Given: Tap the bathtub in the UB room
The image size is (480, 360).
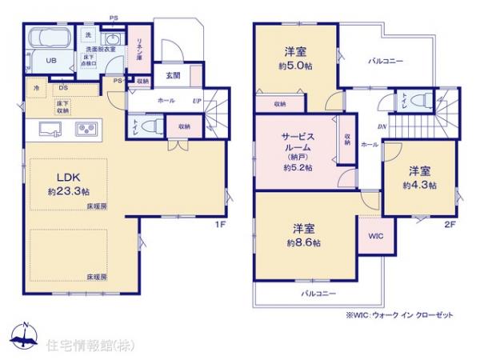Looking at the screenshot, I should point(48,41).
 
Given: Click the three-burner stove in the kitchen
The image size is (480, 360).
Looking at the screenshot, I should point(86,129).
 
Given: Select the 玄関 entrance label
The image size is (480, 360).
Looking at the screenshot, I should point(173,75).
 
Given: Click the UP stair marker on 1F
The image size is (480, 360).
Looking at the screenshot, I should point(198,102).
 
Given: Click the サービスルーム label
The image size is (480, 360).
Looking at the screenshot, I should point(294,142).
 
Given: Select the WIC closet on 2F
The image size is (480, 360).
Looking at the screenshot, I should point(374,238).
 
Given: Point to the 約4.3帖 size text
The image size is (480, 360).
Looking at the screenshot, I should point(419,186).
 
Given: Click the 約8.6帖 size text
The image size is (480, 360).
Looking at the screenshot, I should point(304,241).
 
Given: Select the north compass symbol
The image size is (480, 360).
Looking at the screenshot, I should point(26,335).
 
